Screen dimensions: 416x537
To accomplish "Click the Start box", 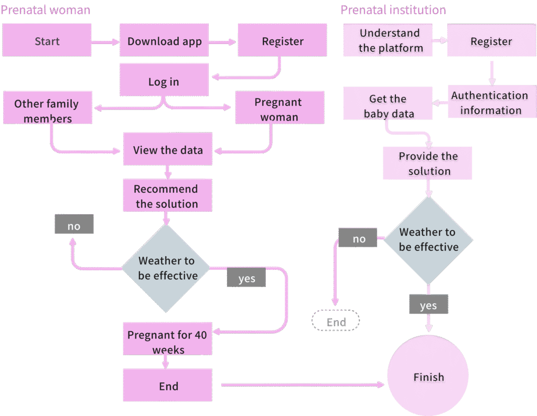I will pos(47,41).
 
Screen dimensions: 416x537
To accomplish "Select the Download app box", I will pos(164,41).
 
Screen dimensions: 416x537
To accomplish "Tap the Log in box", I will pos(164,82).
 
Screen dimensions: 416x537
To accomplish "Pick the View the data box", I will pos(167,150).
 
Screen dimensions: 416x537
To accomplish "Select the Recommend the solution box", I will pos(167,196).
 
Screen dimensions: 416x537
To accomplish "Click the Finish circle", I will pos(428,377).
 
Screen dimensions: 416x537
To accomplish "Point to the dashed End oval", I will pos(336,321).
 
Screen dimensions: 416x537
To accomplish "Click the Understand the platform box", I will pos(390,40).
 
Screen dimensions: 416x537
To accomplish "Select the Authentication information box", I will pos(490,102).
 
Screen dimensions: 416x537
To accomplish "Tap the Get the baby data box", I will pos(388,105).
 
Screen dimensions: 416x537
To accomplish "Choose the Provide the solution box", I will pos(428,163).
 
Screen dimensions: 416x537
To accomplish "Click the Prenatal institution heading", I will pos(393,10).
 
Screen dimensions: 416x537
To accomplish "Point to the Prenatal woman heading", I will pos(45,10).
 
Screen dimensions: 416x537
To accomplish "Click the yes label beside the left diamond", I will pos(246,278).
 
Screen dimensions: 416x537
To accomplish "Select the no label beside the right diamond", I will pos(359,238).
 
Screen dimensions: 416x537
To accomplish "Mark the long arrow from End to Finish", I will pos(303,386).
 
